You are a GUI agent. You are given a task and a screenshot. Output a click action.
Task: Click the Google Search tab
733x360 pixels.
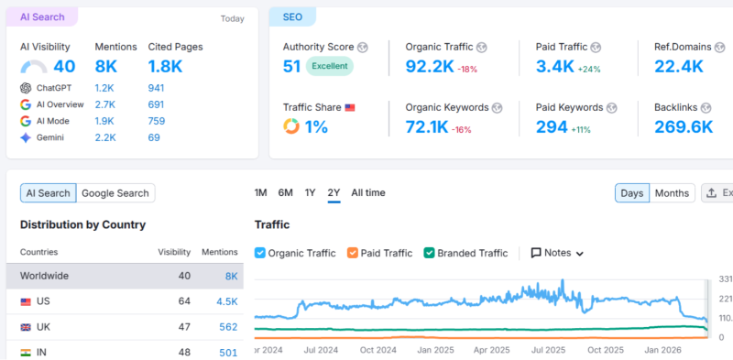point(115,193)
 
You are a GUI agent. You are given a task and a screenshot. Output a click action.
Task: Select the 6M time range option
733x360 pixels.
point(285,192)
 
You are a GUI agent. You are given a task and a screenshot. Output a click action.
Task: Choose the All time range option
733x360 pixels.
point(368,192)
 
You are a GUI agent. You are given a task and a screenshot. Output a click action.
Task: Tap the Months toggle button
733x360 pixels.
point(672,193)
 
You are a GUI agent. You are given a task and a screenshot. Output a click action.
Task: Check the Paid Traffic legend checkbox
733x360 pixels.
point(353,253)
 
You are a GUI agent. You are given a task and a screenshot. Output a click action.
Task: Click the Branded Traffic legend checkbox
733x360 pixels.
point(429,253)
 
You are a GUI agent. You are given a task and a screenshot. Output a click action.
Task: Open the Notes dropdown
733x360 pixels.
point(557,253)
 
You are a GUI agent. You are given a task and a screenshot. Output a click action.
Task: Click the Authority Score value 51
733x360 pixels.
point(291,66)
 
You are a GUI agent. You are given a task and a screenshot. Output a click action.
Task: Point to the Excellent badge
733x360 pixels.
point(330,66)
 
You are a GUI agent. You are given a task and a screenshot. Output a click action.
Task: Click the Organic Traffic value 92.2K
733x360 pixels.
point(430,66)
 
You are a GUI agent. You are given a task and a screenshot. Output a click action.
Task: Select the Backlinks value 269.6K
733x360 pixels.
point(684,126)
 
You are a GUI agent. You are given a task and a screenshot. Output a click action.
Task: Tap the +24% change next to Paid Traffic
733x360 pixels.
point(589,70)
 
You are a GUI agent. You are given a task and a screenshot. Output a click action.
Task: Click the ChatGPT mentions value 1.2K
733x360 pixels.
point(104,88)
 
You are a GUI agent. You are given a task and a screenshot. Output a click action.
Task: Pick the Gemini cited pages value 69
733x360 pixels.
point(154,137)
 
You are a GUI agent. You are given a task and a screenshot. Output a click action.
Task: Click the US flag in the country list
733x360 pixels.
point(26,302)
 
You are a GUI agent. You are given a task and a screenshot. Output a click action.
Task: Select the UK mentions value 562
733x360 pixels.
point(228,327)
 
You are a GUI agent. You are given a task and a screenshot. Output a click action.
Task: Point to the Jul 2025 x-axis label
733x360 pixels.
point(548,350)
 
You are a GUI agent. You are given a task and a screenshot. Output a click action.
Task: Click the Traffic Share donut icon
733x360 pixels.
point(291,126)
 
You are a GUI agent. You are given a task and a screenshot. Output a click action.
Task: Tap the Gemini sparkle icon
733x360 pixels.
point(26,137)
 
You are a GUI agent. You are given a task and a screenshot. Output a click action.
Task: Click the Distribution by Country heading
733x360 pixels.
point(82,224)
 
